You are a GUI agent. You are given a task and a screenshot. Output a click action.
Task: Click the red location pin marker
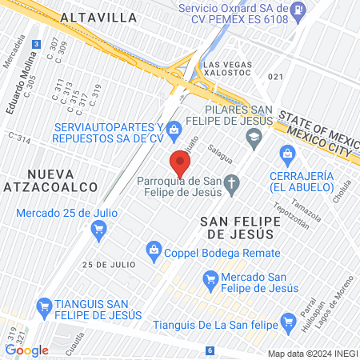[180, 164]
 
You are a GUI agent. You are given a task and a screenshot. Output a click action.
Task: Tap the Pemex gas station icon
[298, 12]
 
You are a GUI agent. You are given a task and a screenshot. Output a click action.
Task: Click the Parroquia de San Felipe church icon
[231, 186]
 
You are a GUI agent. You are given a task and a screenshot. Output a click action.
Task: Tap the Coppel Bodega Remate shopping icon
[154, 253]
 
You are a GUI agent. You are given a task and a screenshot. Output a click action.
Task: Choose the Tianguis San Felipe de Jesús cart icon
[46, 306]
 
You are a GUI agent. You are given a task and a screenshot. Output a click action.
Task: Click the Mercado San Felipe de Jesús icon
[210, 279]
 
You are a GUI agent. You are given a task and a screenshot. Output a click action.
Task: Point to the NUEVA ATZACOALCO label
[61, 180]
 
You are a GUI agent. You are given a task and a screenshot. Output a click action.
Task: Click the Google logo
[26, 350]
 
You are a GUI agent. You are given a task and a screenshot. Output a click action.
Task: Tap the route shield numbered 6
[210, 350]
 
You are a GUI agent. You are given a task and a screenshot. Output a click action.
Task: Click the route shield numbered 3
[36, 46]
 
